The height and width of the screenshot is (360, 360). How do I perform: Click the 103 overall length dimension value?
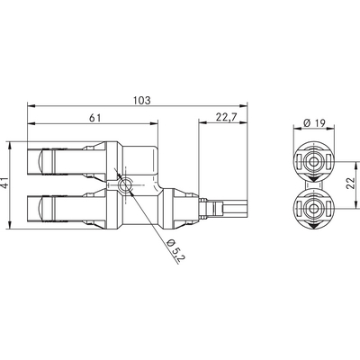tap(141, 100)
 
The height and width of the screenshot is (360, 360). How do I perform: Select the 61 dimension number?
tap(95, 118)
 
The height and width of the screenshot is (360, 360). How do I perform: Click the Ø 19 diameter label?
tap(314, 122)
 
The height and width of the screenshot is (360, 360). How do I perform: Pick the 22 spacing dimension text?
tap(351, 184)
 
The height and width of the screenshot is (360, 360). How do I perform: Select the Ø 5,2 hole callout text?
tap(176, 251)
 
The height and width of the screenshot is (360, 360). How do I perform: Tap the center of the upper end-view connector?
tap(314, 162)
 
